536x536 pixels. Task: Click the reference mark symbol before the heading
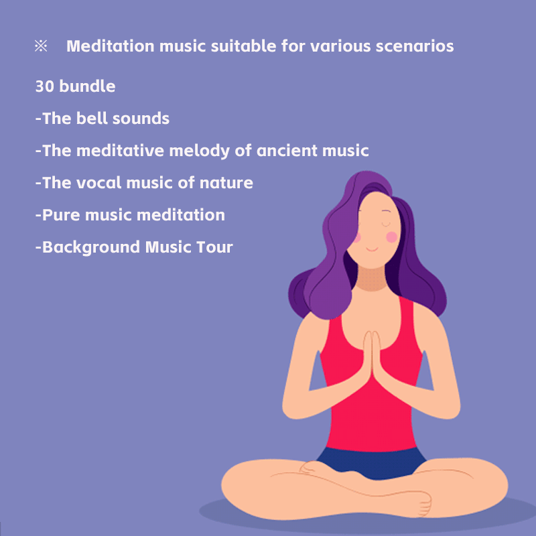pyautogui.click(x=41, y=46)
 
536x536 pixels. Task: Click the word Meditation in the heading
pyautogui.click(x=111, y=46)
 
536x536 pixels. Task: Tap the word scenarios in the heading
pyautogui.click(x=415, y=46)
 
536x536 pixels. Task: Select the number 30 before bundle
pyautogui.click(x=45, y=86)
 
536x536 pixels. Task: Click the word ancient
pyautogui.click(x=287, y=150)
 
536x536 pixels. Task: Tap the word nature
pyautogui.click(x=226, y=183)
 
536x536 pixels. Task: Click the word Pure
pyautogui.click(x=61, y=215)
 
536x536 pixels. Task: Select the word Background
pyautogui.click(x=91, y=247)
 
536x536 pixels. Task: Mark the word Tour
pyautogui.click(x=214, y=247)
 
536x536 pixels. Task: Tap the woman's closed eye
pyautogui.click(x=386, y=224)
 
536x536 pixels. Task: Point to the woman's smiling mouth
pyautogui.click(x=372, y=249)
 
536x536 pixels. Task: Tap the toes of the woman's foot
pyautogui.click(x=425, y=504)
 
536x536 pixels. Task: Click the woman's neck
pyautogui.click(x=372, y=279)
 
